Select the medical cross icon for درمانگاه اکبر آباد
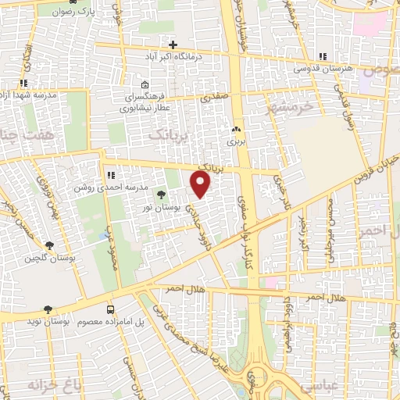point(173,45)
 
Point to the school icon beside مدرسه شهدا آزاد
point(24,82)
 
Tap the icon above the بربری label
point(237,130)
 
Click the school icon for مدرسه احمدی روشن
point(112,173)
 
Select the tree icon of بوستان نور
point(161,195)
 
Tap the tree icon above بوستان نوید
point(48,309)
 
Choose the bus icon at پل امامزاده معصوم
point(109,309)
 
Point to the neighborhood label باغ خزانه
point(34,385)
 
